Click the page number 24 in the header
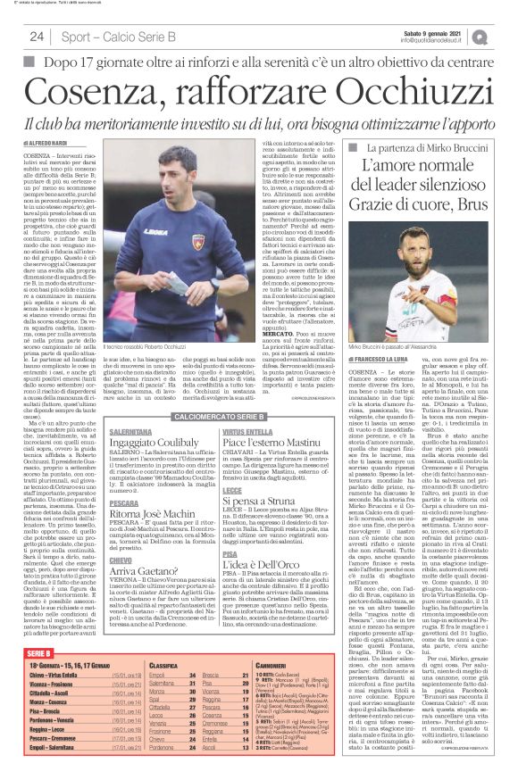[x=37, y=37]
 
